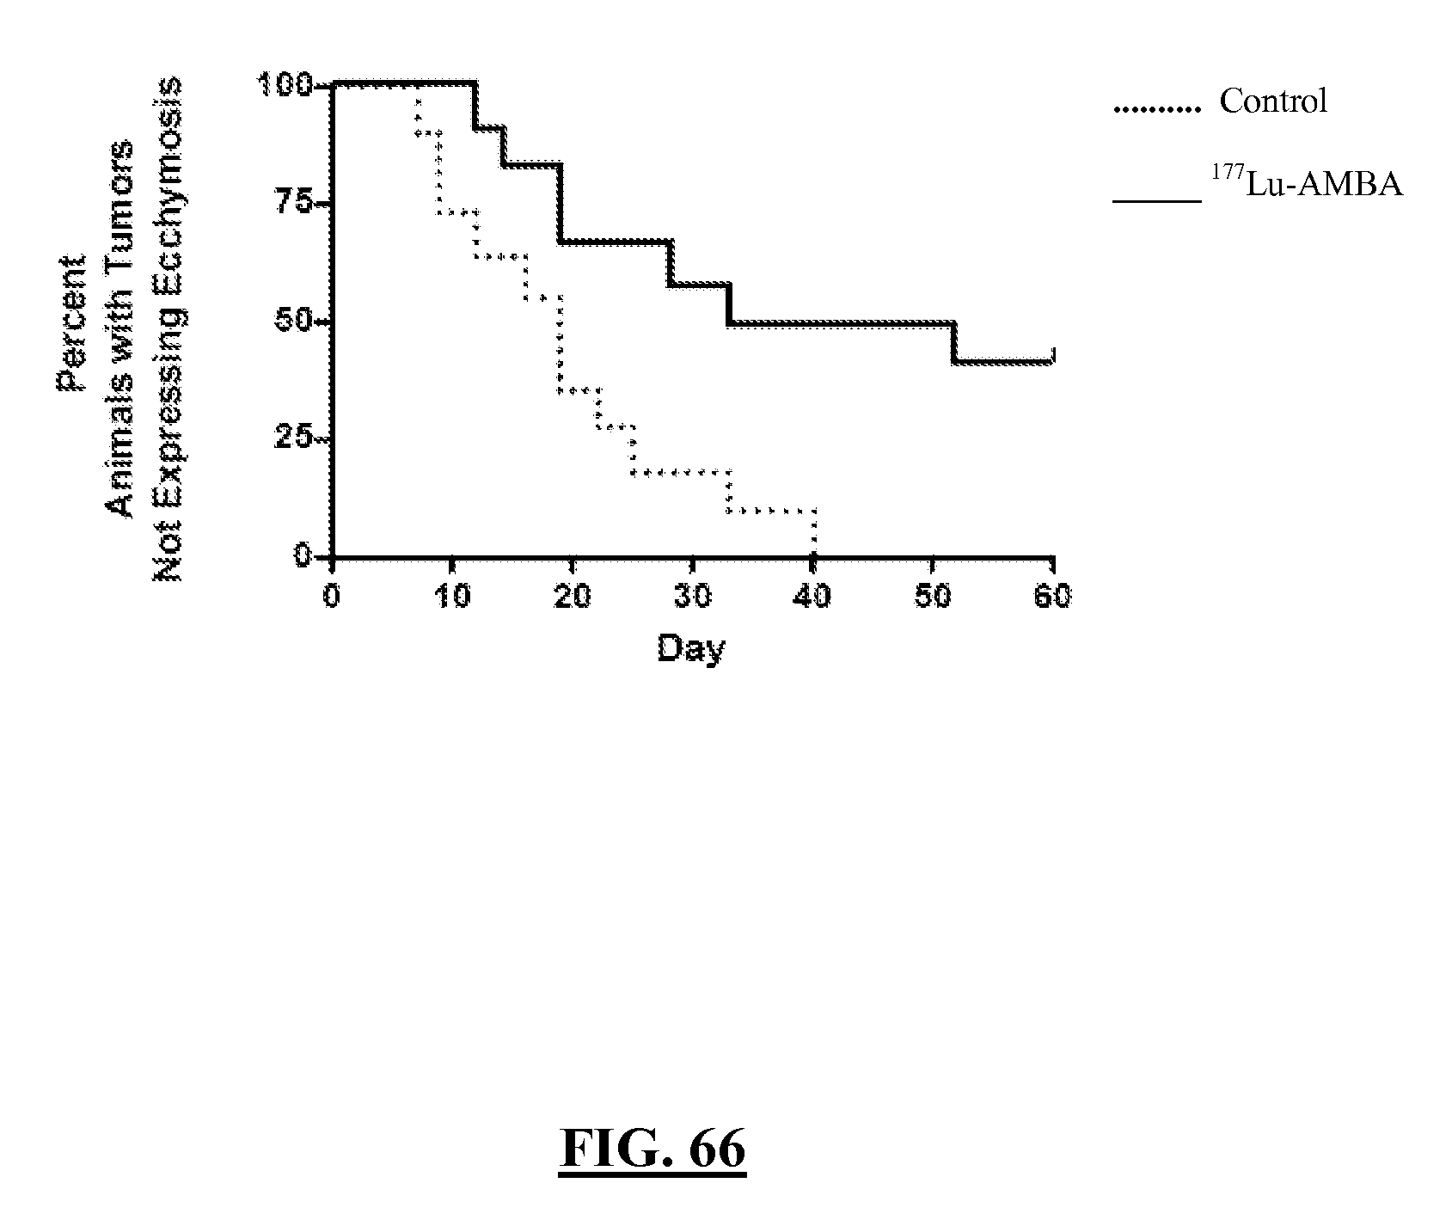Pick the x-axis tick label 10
point(452,596)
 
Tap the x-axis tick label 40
point(812,596)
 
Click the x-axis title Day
point(691,647)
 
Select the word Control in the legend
point(1273,101)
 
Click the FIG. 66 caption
point(652,1148)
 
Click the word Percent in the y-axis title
point(71,323)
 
